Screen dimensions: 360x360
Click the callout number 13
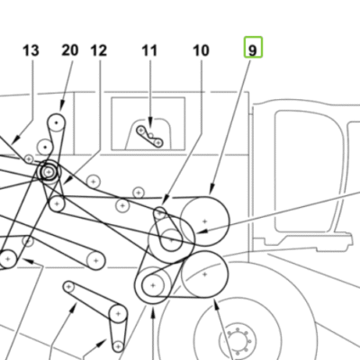pos(31,50)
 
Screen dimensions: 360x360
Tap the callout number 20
pos(70,50)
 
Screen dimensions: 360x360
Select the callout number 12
pos(99,50)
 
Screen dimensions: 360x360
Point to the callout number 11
pos(149,50)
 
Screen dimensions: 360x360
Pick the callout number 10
pos(201,50)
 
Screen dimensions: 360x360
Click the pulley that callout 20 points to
pos(57,122)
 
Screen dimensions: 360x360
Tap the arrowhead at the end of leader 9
pos(211,190)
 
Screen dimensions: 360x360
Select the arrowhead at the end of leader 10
pos(166,199)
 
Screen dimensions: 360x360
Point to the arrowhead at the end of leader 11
pos(150,122)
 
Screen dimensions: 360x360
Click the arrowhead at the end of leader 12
pos(68,180)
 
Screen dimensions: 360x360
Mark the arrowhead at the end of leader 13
pos(16,139)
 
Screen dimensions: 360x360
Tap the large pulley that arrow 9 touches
pos(205,221)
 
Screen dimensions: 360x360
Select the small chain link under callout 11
pos(149,137)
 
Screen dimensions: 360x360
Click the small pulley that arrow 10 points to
pos(160,213)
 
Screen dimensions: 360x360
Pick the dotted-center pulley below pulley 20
pos(45,148)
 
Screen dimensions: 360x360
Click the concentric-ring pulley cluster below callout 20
pos(49,172)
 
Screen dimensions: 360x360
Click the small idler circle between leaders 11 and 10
pos(139,193)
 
